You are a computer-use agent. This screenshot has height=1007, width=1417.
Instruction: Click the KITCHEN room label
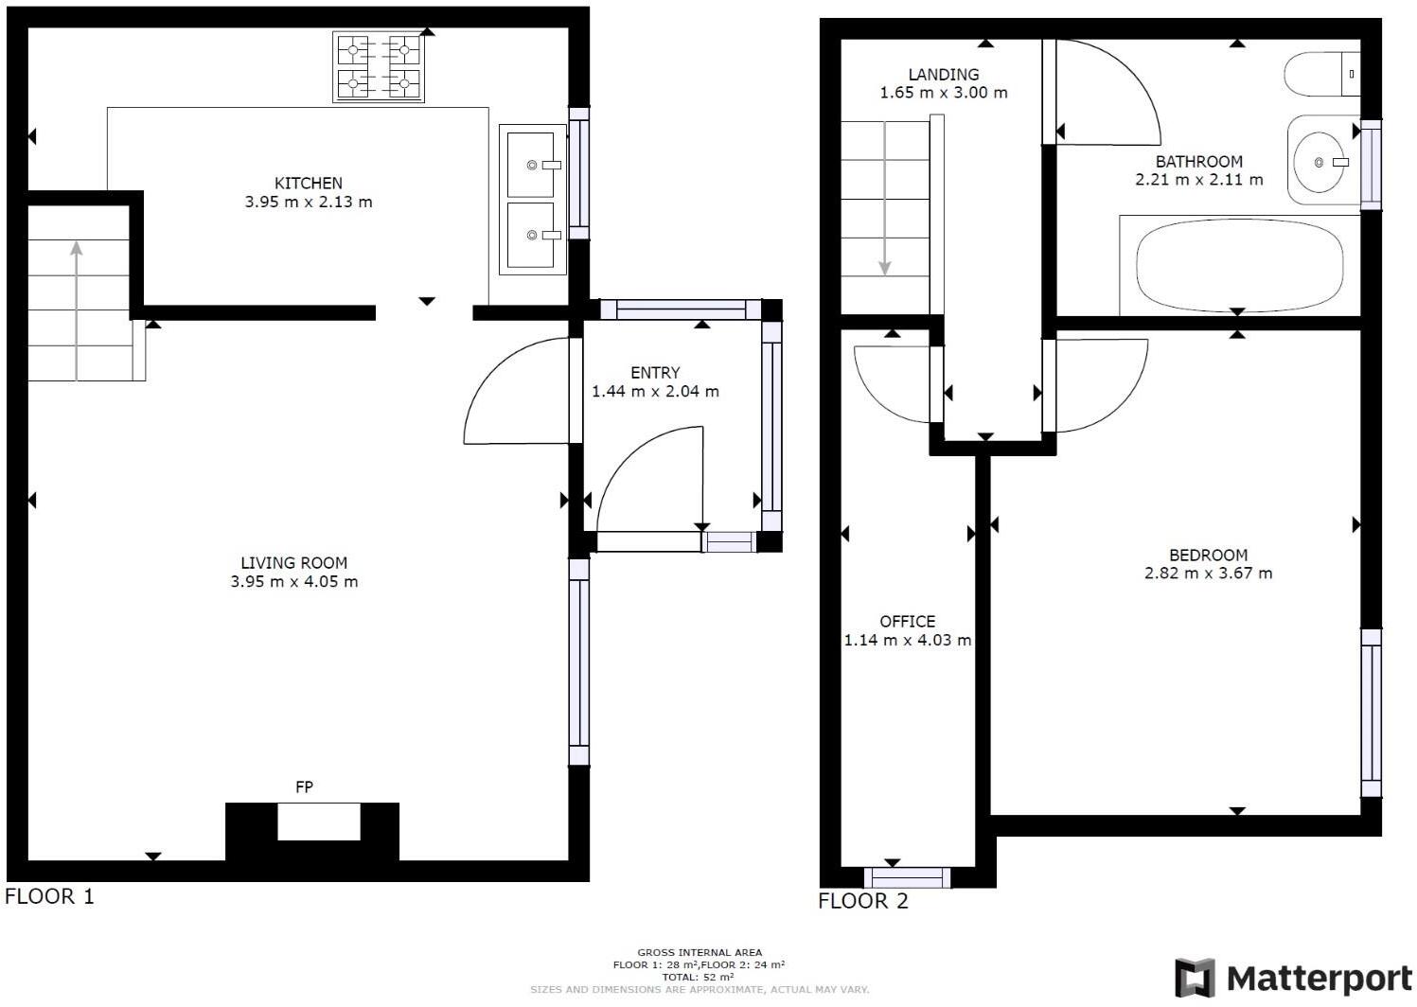click(308, 184)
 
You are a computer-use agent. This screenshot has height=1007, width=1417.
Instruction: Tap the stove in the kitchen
click(379, 67)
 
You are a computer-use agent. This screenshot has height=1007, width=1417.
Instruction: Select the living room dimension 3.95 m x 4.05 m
click(294, 582)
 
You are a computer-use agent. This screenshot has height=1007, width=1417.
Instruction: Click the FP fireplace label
click(304, 787)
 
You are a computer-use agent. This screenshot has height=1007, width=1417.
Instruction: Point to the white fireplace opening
click(319, 821)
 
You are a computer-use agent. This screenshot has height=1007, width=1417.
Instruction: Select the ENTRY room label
click(655, 373)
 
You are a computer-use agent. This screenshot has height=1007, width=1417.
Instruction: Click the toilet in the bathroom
click(1321, 74)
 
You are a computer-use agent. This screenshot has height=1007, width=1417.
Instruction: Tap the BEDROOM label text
click(1208, 556)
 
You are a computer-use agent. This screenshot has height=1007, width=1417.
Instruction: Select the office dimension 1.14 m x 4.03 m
click(907, 641)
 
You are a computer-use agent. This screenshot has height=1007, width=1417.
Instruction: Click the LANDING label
click(943, 75)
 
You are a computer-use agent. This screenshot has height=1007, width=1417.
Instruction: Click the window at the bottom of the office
click(907, 878)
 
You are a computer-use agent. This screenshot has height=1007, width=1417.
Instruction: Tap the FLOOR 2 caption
click(862, 901)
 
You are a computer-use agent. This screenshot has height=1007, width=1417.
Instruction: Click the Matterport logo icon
click(1195, 978)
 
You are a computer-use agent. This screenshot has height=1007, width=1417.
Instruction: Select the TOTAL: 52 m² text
click(699, 977)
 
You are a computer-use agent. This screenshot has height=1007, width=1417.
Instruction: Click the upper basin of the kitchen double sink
click(531, 165)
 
